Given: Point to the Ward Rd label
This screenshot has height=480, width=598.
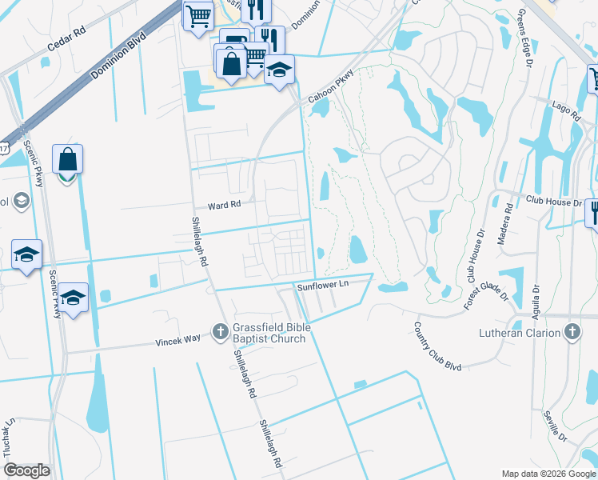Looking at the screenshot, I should (x=224, y=206).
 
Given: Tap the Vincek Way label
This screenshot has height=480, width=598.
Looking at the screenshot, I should (x=177, y=342).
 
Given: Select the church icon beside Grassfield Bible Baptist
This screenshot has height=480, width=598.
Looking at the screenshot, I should (x=220, y=331).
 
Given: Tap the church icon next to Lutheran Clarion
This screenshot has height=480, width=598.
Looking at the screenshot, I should (x=572, y=331).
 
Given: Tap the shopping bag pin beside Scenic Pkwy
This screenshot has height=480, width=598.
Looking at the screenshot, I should (x=68, y=161).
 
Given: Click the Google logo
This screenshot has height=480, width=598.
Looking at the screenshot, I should (x=27, y=470).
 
